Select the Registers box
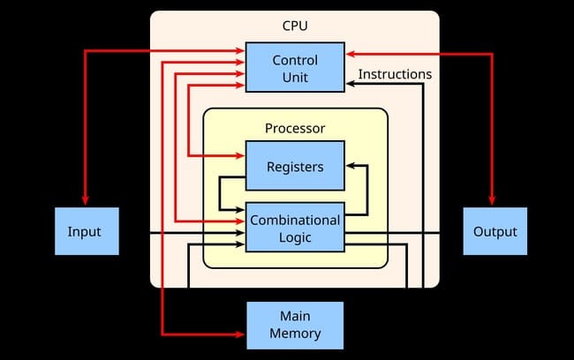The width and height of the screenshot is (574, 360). [x=295, y=166]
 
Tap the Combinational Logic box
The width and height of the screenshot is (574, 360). [x=294, y=227]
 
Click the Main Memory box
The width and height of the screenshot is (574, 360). [x=295, y=325]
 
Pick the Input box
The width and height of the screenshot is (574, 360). [x=86, y=231]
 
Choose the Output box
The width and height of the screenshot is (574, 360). [x=495, y=231]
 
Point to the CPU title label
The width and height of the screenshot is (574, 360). [x=295, y=27]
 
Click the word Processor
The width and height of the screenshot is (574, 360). [x=295, y=128]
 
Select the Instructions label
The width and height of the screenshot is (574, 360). [x=395, y=74]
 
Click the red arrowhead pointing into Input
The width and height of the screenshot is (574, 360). [x=86, y=202]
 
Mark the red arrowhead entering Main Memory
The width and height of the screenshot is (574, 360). [x=240, y=334]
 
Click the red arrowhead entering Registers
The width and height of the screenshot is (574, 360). [x=240, y=156]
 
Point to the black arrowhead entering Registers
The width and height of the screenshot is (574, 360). [x=351, y=165]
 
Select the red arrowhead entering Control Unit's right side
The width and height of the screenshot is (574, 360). [x=351, y=54]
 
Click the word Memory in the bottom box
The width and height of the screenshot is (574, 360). [x=295, y=334]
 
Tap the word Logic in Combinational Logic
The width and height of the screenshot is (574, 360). [x=295, y=236]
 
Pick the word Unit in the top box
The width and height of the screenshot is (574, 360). [x=295, y=78]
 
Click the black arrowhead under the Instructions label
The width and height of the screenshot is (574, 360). [x=351, y=82]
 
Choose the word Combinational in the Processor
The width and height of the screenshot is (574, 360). [x=295, y=220]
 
